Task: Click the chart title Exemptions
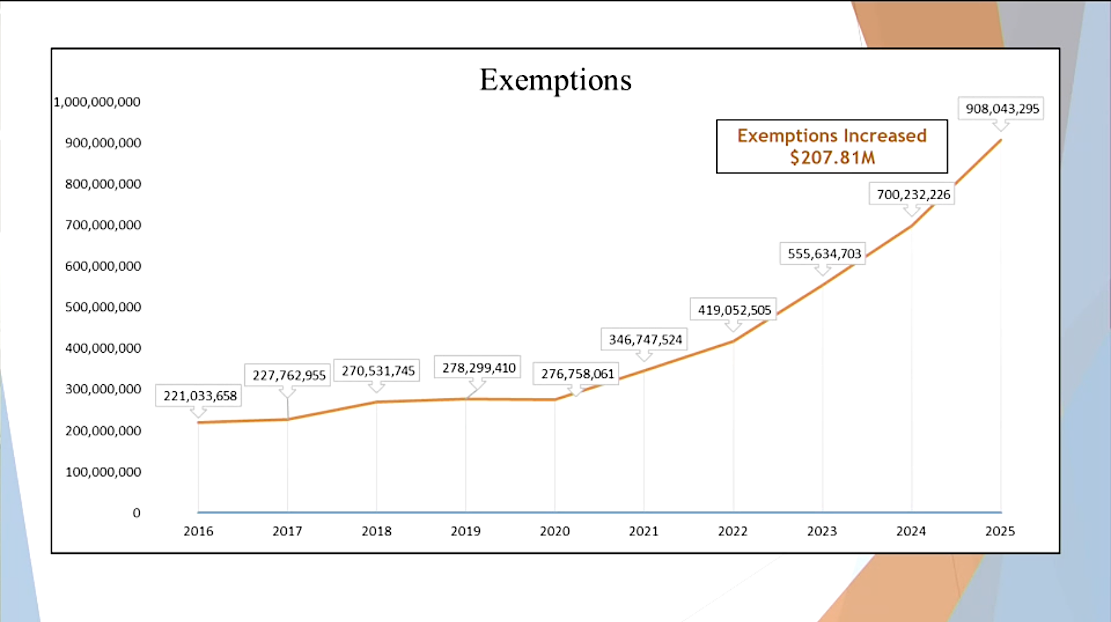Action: [555, 80]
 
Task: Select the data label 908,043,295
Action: [1002, 109]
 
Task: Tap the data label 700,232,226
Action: [913, 194]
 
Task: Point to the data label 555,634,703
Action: [824, 254]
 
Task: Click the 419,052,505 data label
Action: [734, 310]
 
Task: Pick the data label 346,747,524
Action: [645, 339]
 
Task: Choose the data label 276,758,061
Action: [577, 373]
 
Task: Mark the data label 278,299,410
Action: [478, 368]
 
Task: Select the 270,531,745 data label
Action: [377, 371]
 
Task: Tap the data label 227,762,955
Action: [289, 375]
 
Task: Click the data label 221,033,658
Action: [199, 396]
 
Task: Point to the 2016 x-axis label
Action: [198, 531]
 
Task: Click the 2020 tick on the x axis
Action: [554, 531]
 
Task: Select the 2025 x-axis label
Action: [1000, 531]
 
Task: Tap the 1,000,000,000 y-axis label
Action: [97, 102]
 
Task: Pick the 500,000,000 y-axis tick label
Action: [103, 307]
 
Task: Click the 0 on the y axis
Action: [136, 513]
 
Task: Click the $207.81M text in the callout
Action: [832, 157]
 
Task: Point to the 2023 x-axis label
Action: [822, 531]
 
